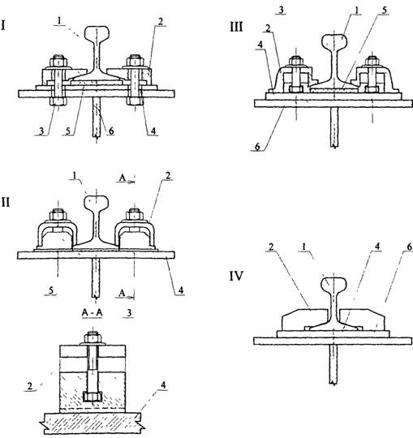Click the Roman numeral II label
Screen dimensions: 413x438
(x=6, y=202)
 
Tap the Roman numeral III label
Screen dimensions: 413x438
(x=236, y=28)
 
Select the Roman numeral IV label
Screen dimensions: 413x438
(x=236, y=276)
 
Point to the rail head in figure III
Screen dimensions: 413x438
(x=334, y=41)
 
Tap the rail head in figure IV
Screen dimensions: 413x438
(x=334, y=284)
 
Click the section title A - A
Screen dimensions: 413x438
(x=92, y=313)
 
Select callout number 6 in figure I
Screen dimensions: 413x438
(x=111, y=131)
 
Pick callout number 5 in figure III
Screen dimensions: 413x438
(x=385, y=11)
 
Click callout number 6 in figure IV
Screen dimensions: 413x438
(x=410, y=247)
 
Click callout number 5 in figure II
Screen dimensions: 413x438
(x=51, y=290)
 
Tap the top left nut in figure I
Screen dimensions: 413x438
(x=58, y=61)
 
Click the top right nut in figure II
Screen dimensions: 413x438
(x=135, y=215)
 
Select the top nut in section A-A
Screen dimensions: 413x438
(x=92, y=337)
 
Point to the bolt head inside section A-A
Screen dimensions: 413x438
(x=92, y=397)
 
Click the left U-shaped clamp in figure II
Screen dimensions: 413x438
(x=58, y=234)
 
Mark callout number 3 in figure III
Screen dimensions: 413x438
(x=281, y=10)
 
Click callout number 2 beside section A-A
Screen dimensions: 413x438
(x=30, y=386)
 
